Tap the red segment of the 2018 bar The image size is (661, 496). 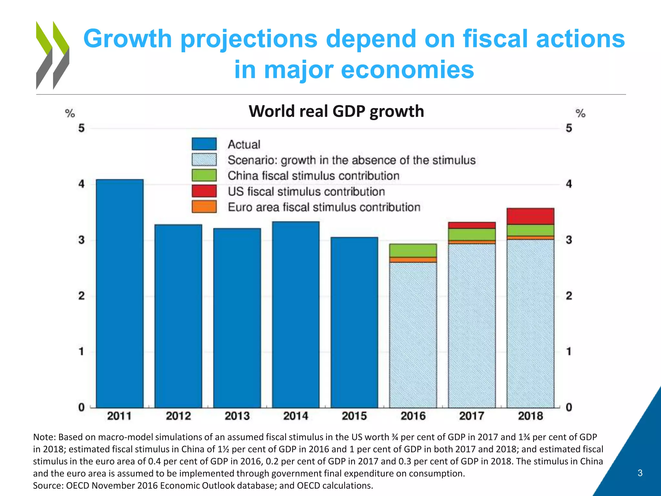[x=530, y=216]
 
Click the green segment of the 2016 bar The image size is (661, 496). [x=413, y=250]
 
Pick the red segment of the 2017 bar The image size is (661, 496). [x=472, y=225]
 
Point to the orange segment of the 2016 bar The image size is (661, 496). [x=413, y=260]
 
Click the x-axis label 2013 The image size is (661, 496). [x=237, y=416]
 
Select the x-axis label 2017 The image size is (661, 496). [x=472, y=416]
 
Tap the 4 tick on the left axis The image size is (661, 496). [x=81, y=184]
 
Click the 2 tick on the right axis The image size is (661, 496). [x=569, y=295]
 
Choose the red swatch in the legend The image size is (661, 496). [x=204, y=191]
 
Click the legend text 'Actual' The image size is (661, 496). [x=244, y=144]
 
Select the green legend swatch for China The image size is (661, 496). [x=204, y=175]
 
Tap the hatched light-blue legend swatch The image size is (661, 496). [x=204, y=160]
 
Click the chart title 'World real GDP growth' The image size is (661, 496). [x=336, y=111]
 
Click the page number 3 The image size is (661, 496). [x=640, y=473]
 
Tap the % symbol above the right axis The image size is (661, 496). [x=580, y=113]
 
